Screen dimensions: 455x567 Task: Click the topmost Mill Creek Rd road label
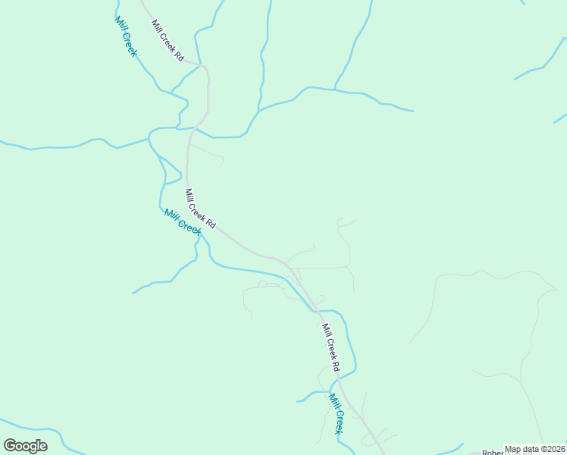168,40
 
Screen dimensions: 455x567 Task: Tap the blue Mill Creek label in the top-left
126,36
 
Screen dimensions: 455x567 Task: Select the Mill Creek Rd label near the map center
201,209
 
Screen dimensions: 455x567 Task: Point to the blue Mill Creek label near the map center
183,221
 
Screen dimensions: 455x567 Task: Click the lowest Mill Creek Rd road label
330,347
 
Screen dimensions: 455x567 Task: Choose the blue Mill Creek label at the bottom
337,413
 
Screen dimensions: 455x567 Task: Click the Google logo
25,446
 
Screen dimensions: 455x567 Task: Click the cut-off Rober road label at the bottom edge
493,453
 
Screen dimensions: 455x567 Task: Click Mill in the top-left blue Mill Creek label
119,23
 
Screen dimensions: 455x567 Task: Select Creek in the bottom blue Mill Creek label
339,420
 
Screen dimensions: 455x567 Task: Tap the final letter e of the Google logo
42,446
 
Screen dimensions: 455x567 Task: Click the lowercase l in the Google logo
37,445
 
